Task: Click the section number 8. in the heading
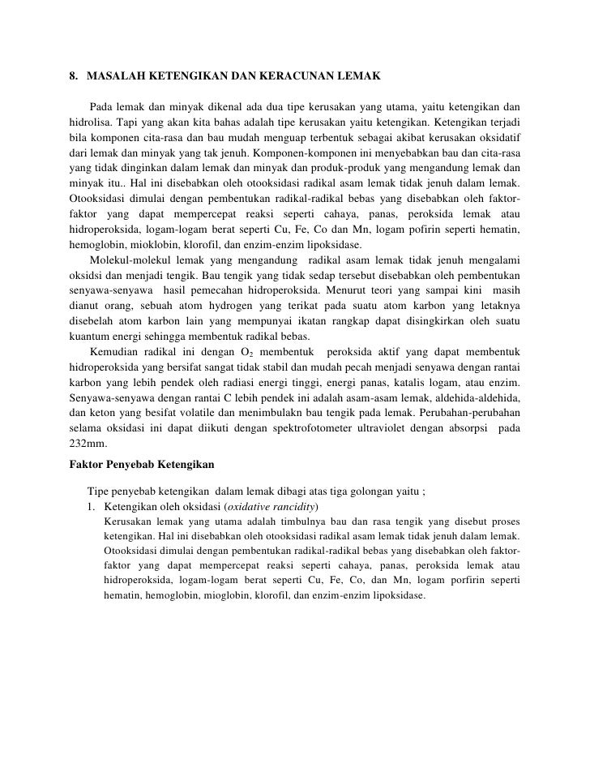point(74,76)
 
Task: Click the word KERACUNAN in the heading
point(282,76)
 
